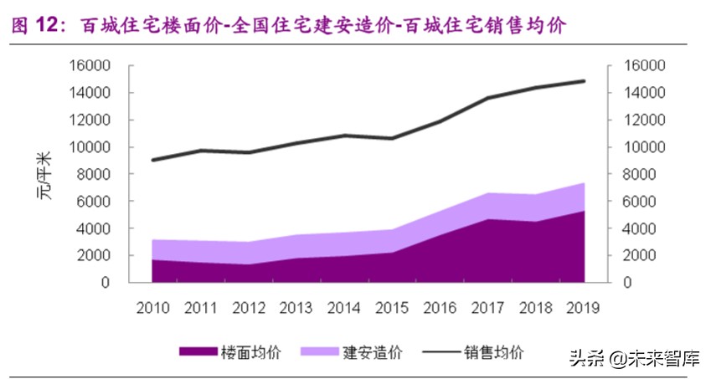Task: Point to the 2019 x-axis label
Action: pyautogui.click(x=583, y=307)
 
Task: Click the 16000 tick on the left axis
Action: pyautogui.click(x=92, y=66)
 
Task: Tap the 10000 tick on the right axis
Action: pyautogui.click(x=643, y=147)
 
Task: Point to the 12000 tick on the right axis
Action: pyautogui.click(x=643, y=120)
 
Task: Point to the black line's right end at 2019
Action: pyautogui.click(x=584, y=81)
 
